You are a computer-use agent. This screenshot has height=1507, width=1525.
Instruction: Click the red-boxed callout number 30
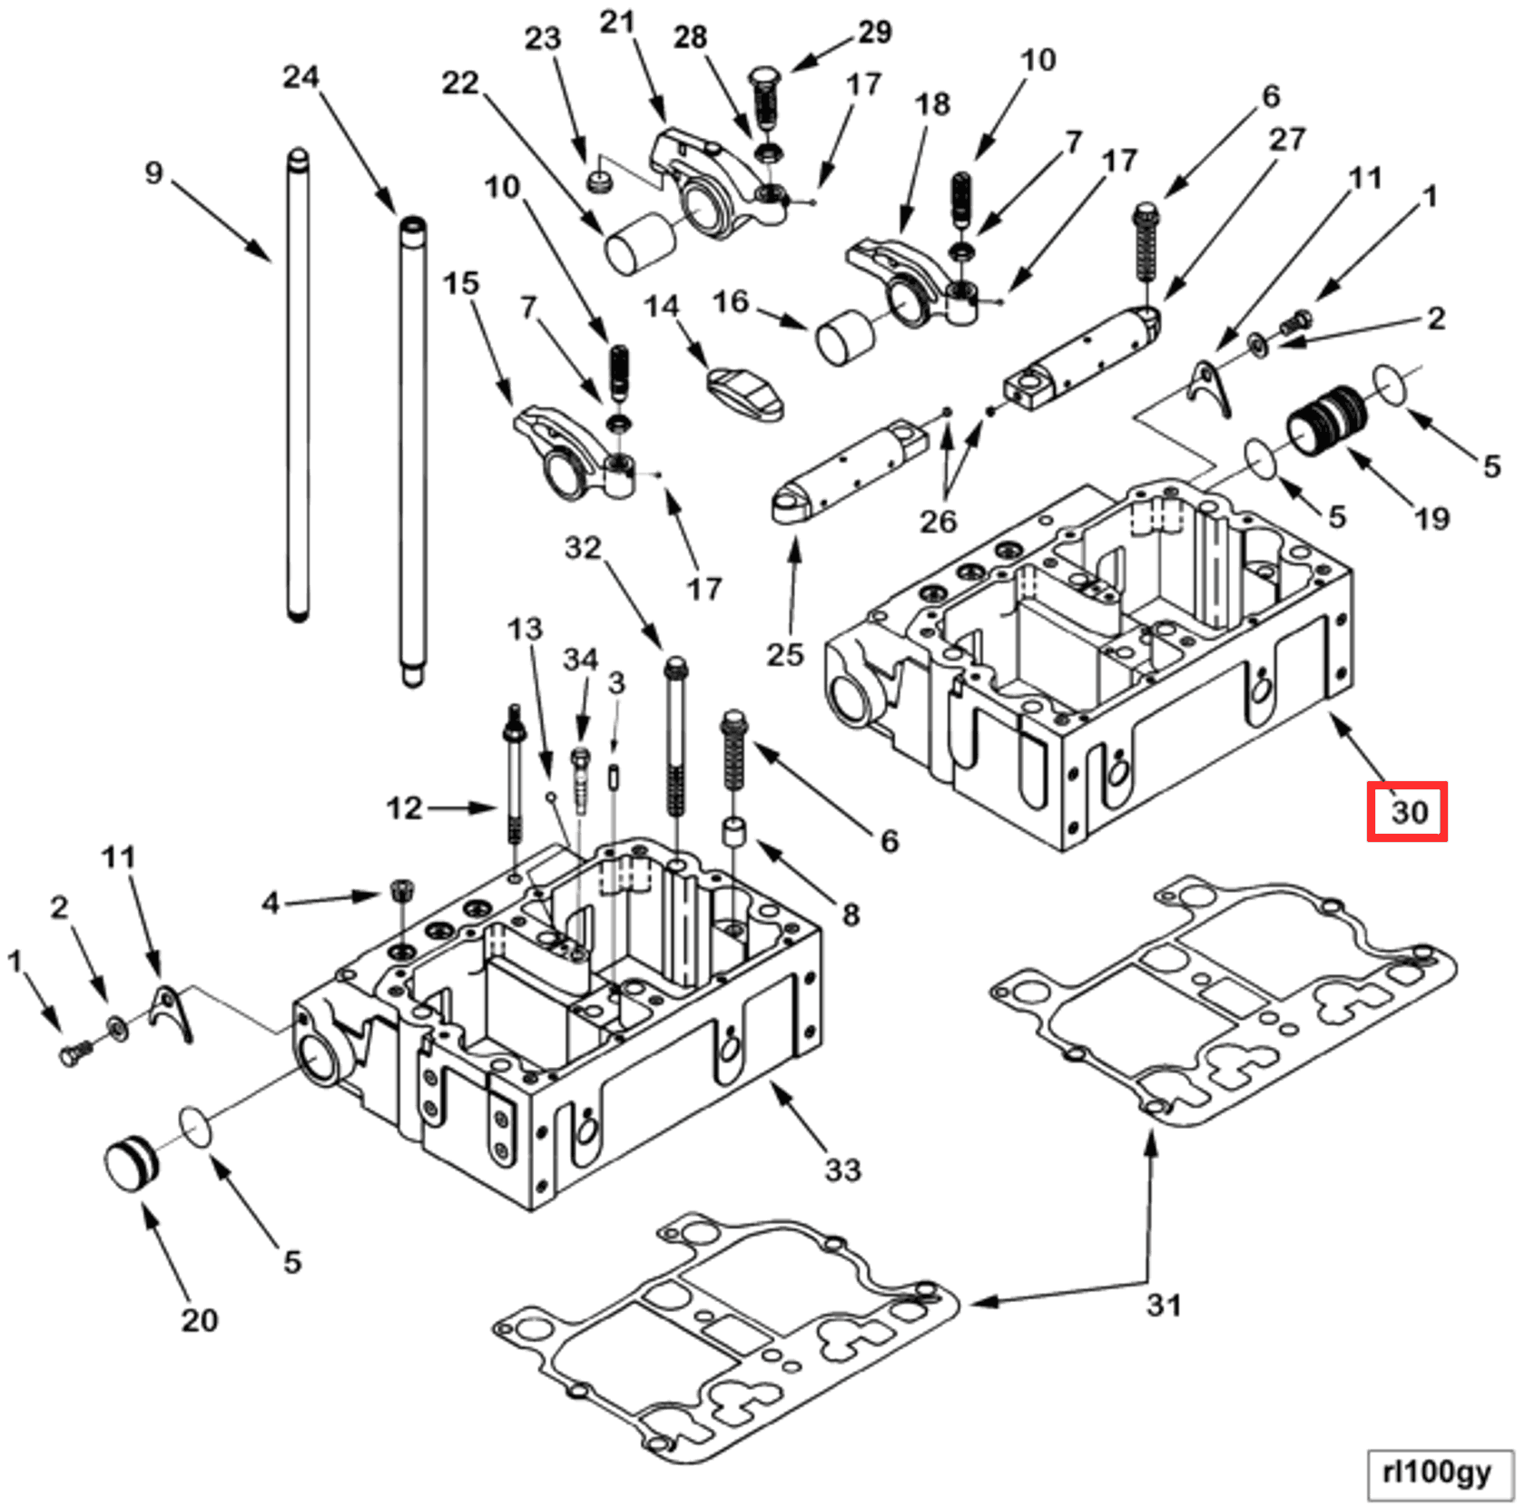point(1407,811)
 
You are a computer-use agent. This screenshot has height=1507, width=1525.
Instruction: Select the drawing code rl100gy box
point(1437,1473)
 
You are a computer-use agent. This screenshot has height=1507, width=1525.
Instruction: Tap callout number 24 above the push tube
point(300,76)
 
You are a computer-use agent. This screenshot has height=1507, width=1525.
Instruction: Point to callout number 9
point(154,172)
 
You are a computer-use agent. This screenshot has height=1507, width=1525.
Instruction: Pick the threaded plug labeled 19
point(1326,422)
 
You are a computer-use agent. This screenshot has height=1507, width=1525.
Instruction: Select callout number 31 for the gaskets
point(1164,1306)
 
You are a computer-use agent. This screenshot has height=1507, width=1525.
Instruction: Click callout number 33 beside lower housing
point(842,1169)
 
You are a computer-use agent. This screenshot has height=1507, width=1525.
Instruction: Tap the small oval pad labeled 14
point(744,392)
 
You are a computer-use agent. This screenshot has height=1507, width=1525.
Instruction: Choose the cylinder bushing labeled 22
point(640,242)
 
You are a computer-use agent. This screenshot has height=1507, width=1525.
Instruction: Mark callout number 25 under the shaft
point(785,654)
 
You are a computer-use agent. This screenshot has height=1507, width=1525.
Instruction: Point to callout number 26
point(938,521)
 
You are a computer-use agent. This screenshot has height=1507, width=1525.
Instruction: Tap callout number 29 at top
point(874,32)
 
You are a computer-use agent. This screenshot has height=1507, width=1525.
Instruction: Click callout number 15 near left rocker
point(460,283)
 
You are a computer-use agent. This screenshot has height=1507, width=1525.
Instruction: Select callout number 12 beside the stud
point(404,807)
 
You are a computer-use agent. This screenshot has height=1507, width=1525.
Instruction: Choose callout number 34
point(580,660)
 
